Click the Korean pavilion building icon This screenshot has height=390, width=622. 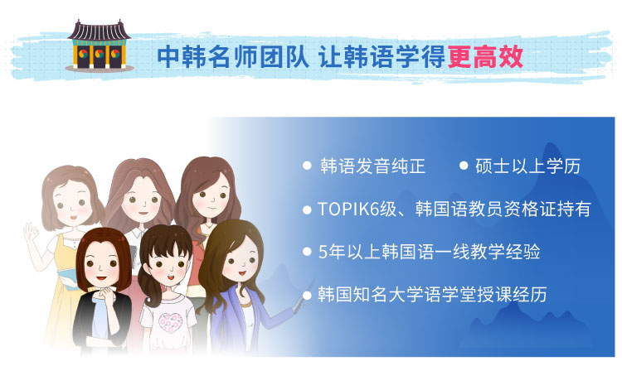coord(100,46)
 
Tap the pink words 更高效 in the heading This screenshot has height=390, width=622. coord(485,57)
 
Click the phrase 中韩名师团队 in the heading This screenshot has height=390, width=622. coord(233,57)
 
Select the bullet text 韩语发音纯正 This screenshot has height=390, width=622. coord(372,166)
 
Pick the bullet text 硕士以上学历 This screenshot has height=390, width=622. coord(528,166)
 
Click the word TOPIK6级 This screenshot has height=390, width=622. coord(357,209)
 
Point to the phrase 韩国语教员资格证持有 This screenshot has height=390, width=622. coord(503,209)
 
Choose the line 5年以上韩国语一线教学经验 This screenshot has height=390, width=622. coord(430,252)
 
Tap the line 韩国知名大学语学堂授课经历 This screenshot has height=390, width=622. coord(432,295)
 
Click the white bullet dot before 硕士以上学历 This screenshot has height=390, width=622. coord(464,166)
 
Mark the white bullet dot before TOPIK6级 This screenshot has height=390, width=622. coord(307,209)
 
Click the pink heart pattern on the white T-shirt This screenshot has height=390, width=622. coord(171,322)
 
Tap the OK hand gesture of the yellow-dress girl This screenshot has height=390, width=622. coord(31,234)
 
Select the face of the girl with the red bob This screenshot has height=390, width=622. coord(101,264)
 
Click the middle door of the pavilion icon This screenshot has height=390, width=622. coord(100,55)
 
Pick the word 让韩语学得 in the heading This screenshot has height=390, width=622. coord(382,57)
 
